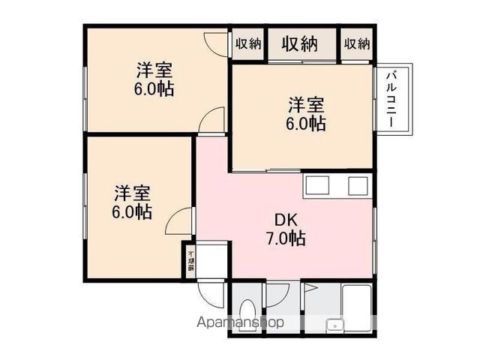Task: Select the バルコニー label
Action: click(x=392, y=98)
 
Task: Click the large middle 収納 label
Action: click(x=300, y=44)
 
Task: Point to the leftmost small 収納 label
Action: click(x=248, y=44)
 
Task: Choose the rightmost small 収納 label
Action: click(x=357, y=44)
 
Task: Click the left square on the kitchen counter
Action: click(x=316, y=184)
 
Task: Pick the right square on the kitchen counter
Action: click(x=356, y=184)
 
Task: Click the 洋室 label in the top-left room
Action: click(x=154, y=71)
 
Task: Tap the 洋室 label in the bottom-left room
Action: click(x=132, y=192)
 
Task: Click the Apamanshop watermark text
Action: click(x=241, y=323)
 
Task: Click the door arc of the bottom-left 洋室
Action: click(x=179, y=222)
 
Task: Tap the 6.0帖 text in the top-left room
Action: click(x=154, y=89)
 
